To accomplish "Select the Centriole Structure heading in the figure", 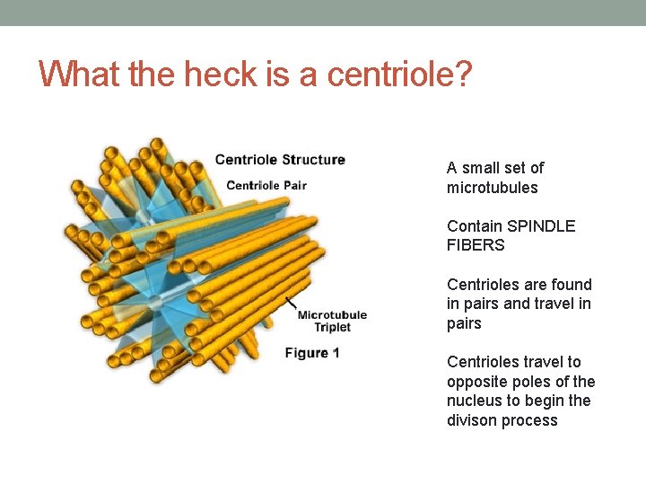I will click(x=280, y=160).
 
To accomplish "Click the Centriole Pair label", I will click(x=266, y=186).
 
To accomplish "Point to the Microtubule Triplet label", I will click(x=332, y=321).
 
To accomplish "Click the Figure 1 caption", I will click(x=312, y=353).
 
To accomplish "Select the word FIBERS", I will click(x=476, y=245).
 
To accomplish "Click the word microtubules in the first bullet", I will click(x=493, y=188).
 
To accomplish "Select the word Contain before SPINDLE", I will click(x=475, y=226).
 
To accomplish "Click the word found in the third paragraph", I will click(x=573, y=285).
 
